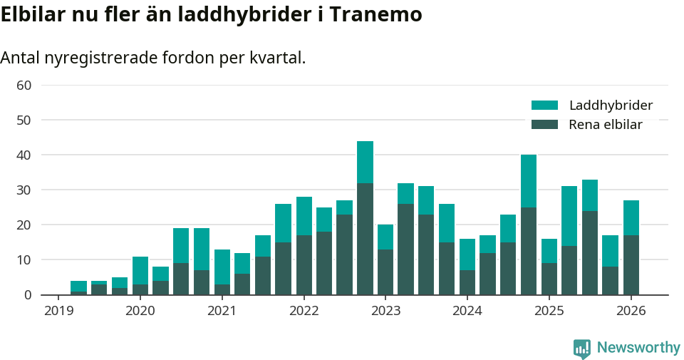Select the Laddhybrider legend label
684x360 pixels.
click(x=611, y=106)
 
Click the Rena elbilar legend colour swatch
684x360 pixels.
click(x=544, y=125)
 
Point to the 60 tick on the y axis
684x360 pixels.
click(x=24, y=86)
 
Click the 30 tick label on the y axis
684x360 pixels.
click(x=24, y=190)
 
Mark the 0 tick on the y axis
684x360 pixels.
click(x=28, y=294)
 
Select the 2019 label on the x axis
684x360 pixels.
click(x=58, y=311)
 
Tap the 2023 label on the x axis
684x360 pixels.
click(x=385, y=311)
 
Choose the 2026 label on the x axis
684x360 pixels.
click(x=631, y=311)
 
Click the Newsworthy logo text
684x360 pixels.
click(x=638, y=348)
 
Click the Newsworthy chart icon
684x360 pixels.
click(x=581, y=349)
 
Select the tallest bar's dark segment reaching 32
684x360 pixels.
click(x=365, y=239)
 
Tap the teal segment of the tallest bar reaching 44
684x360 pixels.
click(x=365, y=162)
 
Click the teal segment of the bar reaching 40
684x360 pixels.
click(x=529, y=181)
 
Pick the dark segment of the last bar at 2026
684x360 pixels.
click(x=631, y=264)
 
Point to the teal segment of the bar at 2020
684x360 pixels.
click(x=140, y=270)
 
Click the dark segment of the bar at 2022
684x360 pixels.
click(x=304, y=264)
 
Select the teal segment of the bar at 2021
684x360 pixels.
click(x=222, y=267)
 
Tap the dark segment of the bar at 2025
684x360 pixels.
click(x=549, y=279)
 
